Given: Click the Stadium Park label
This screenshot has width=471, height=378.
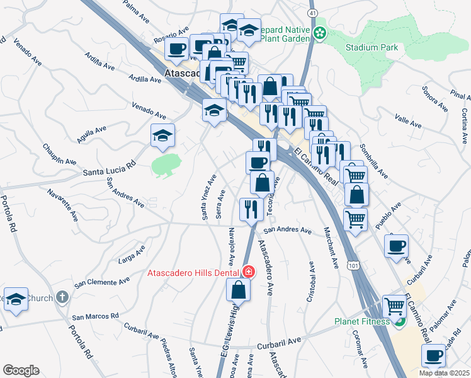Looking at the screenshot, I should [372, 48].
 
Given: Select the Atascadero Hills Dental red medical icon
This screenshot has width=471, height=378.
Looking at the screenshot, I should [249, 272].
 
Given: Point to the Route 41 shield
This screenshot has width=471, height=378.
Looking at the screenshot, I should [312, 13].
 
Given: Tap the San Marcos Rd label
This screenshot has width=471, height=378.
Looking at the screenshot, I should [95, 316].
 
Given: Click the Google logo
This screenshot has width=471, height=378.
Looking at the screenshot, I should [20, 370].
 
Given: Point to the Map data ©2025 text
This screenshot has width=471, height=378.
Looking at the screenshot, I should [444, 373].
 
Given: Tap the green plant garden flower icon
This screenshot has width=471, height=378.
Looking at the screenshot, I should [320, 32].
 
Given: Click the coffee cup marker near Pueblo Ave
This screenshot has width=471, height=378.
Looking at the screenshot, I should [396, 246].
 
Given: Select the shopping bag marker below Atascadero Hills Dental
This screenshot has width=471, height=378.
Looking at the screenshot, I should [239, 290].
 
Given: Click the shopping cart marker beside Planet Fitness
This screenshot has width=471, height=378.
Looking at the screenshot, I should [394, 307].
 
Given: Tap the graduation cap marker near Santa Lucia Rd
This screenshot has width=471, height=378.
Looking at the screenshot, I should [163, 135].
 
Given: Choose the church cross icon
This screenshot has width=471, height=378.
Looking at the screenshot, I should [62, 296].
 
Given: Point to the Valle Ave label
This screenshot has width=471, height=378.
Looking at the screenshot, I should [407, 121].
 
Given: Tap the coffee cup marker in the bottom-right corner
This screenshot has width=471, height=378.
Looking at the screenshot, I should [434, 355].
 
